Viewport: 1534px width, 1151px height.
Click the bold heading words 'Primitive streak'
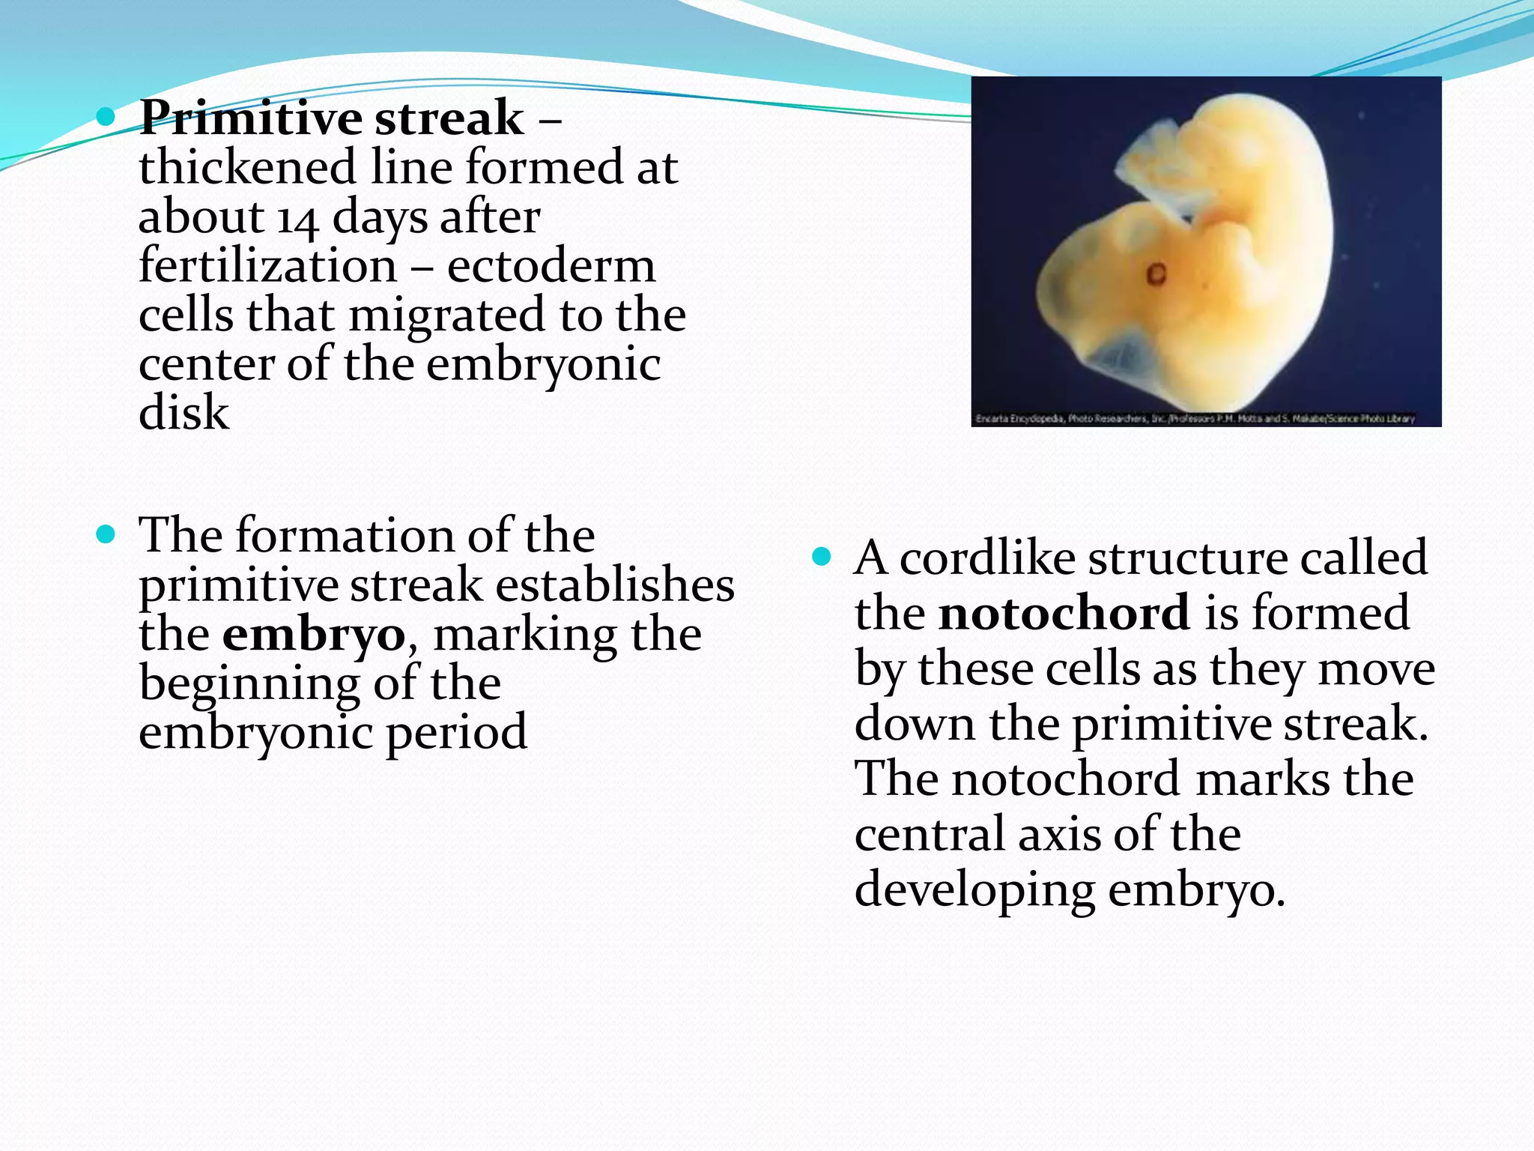pos(332,118)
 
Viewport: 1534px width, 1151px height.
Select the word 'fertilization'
pos(267,266)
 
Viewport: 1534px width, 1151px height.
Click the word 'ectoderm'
pos(551,266)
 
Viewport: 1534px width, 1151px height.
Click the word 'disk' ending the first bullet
pos(184,413)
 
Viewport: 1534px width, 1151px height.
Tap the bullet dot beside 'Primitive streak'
pos(106,116)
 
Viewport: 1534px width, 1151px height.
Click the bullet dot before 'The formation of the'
pos(106,534)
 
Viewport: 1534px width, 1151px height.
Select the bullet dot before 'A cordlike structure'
pos(822,557)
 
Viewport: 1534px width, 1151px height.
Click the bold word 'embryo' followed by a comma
pos(313,635)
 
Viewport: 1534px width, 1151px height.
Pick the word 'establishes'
pos(614,585)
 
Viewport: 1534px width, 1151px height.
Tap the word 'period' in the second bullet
pos(456,732)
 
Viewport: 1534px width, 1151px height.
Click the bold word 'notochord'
pos(1064,613)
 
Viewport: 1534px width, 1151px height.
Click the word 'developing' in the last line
pos(974,890)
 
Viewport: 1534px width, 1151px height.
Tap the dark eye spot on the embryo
pos(1156,274)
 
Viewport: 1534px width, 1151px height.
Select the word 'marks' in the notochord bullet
pos(1264,779)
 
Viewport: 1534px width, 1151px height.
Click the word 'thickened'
pos(247,167)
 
